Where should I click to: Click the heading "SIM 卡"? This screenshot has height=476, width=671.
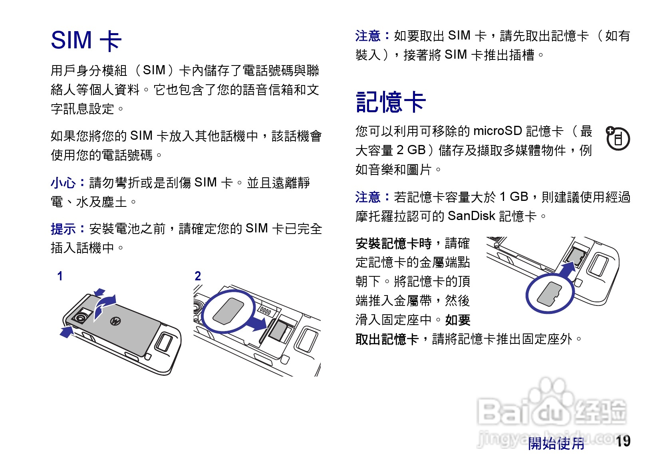(86, 40)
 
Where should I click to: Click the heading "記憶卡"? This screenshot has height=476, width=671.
(391, 102)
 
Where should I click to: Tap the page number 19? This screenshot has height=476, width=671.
(623, 441)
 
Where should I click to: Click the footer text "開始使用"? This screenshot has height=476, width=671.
(556, 443)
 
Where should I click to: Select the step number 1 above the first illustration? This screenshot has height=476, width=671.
(60, 276)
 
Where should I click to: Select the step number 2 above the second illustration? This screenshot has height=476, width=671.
(198, 276)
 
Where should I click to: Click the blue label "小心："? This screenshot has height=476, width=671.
(68, 183)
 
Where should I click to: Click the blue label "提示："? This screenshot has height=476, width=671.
(68, 229)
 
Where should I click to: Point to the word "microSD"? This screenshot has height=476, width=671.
(497, 131)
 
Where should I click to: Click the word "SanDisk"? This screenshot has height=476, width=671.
(471, 216)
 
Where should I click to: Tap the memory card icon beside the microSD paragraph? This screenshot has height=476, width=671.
(618, 139)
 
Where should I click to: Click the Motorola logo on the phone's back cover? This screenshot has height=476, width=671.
(116, 321)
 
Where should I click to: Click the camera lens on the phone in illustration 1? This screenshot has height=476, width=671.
(81, 318)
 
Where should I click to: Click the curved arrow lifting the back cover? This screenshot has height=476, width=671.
(105, 305)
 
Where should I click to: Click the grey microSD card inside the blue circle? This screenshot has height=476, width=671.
(549, 294)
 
